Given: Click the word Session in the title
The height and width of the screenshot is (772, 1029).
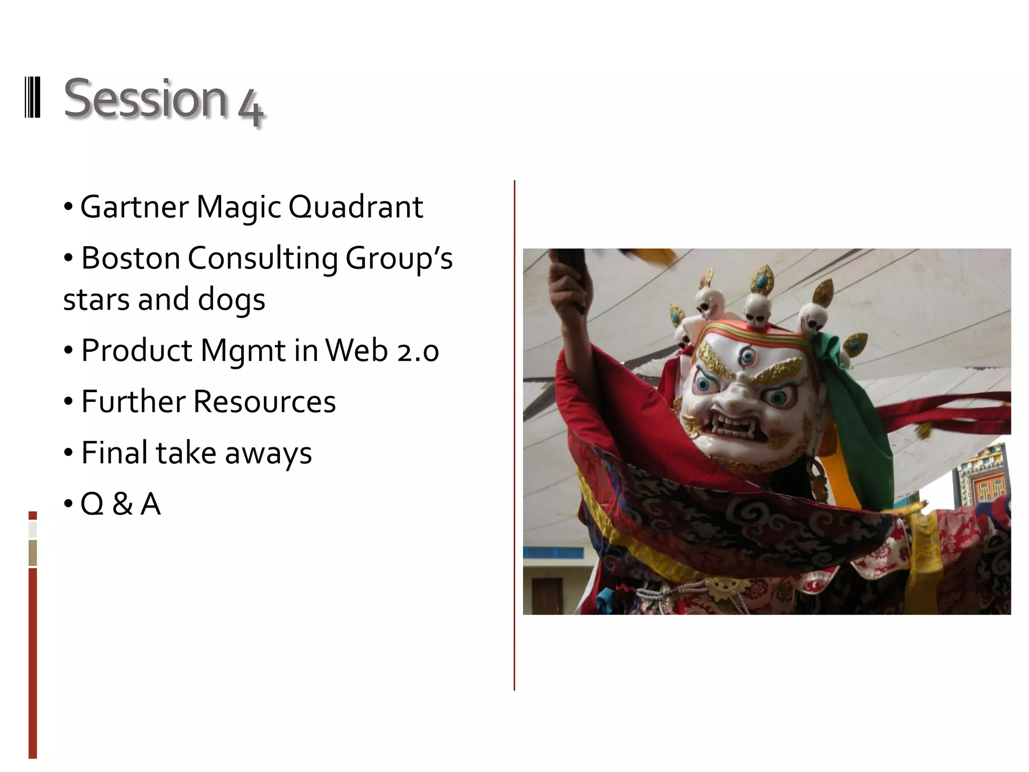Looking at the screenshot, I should point(146,99).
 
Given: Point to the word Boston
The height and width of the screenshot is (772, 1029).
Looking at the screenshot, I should point(131,258).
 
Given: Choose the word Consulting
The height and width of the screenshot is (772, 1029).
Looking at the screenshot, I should point(263,259).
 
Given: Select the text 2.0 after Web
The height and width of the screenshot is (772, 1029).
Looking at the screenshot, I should point(418,351).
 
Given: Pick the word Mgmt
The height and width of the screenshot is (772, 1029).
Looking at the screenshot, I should point(243,351).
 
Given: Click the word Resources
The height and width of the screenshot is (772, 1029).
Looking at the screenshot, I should point(264,402).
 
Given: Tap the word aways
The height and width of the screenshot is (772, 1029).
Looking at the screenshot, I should point(268,454).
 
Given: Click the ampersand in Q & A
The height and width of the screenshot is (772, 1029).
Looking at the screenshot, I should point(123,504).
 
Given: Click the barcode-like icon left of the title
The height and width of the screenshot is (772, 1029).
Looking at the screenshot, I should point(33,98).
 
